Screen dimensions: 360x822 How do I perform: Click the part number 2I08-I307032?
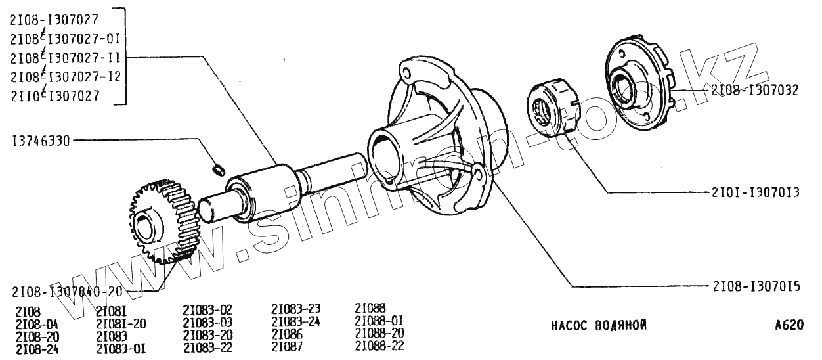click(754, 91)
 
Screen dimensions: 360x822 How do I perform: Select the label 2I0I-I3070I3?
click(754, 193)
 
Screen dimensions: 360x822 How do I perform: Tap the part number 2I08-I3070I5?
click(754, 286)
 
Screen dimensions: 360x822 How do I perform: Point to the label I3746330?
click(41, 140)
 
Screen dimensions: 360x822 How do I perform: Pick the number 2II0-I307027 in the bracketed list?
click(55, 96)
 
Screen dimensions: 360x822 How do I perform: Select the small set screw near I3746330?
click(217, 170)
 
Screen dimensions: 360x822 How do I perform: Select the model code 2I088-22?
click(379, 346)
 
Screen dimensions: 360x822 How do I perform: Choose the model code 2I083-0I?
click(121, 348)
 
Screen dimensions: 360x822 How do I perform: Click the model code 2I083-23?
click(295, 309)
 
